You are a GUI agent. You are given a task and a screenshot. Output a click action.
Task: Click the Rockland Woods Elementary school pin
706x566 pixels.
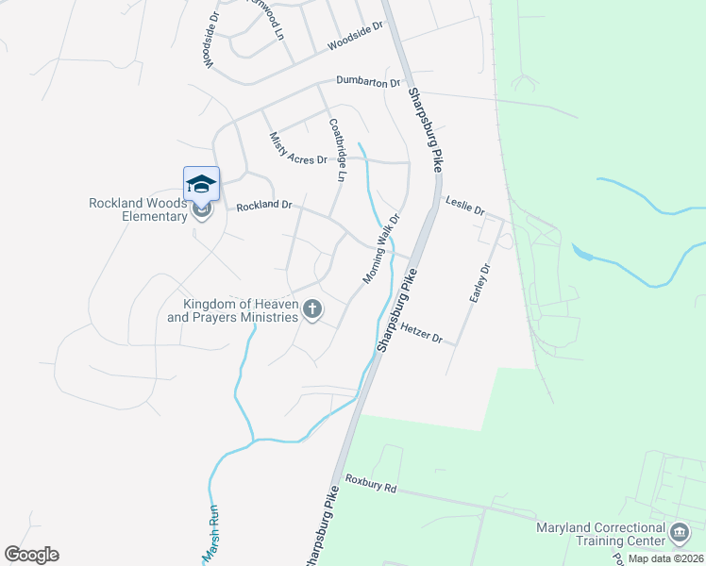pos(202,184)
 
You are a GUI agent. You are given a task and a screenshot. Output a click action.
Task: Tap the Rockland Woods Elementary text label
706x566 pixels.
pos(139,209)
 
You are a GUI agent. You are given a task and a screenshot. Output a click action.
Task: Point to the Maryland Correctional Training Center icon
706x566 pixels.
pos(679,533)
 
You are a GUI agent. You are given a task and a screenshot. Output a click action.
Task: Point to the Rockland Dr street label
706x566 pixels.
pos(264,205)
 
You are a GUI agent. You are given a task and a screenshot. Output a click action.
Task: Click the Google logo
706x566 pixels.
pos(31,555)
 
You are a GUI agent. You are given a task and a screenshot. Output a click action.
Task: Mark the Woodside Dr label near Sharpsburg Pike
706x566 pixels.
pos(354,38)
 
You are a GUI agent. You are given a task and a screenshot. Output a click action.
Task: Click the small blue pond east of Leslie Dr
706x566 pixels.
pos(582,253)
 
